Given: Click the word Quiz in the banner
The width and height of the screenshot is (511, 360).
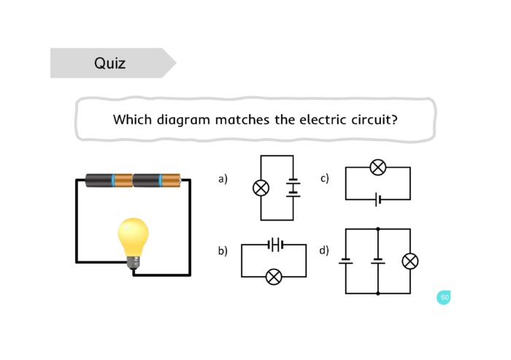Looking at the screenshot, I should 109,64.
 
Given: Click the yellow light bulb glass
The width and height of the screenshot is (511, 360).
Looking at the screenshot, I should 134,235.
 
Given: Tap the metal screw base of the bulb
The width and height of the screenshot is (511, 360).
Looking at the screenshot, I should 134,262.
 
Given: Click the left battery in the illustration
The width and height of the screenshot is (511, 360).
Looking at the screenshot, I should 109,180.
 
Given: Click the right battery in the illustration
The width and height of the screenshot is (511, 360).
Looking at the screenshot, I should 156,180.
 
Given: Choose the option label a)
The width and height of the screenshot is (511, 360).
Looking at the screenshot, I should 223,178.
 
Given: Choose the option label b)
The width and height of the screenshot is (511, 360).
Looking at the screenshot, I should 223,250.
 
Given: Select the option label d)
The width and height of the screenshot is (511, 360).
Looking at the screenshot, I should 325,250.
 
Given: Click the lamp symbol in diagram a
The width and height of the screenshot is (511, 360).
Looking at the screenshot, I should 261,188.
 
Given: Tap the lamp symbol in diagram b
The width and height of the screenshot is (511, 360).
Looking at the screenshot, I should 274,277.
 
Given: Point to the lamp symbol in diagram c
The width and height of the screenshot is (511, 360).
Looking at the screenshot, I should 377,167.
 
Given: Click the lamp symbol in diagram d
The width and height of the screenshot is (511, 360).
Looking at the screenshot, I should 410,261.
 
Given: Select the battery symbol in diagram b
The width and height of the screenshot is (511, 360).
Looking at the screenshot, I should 274,245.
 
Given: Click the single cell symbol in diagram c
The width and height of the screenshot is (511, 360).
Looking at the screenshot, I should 377,199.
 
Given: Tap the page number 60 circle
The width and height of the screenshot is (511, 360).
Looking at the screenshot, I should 444,297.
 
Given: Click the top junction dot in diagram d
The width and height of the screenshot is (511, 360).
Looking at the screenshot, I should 377,229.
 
